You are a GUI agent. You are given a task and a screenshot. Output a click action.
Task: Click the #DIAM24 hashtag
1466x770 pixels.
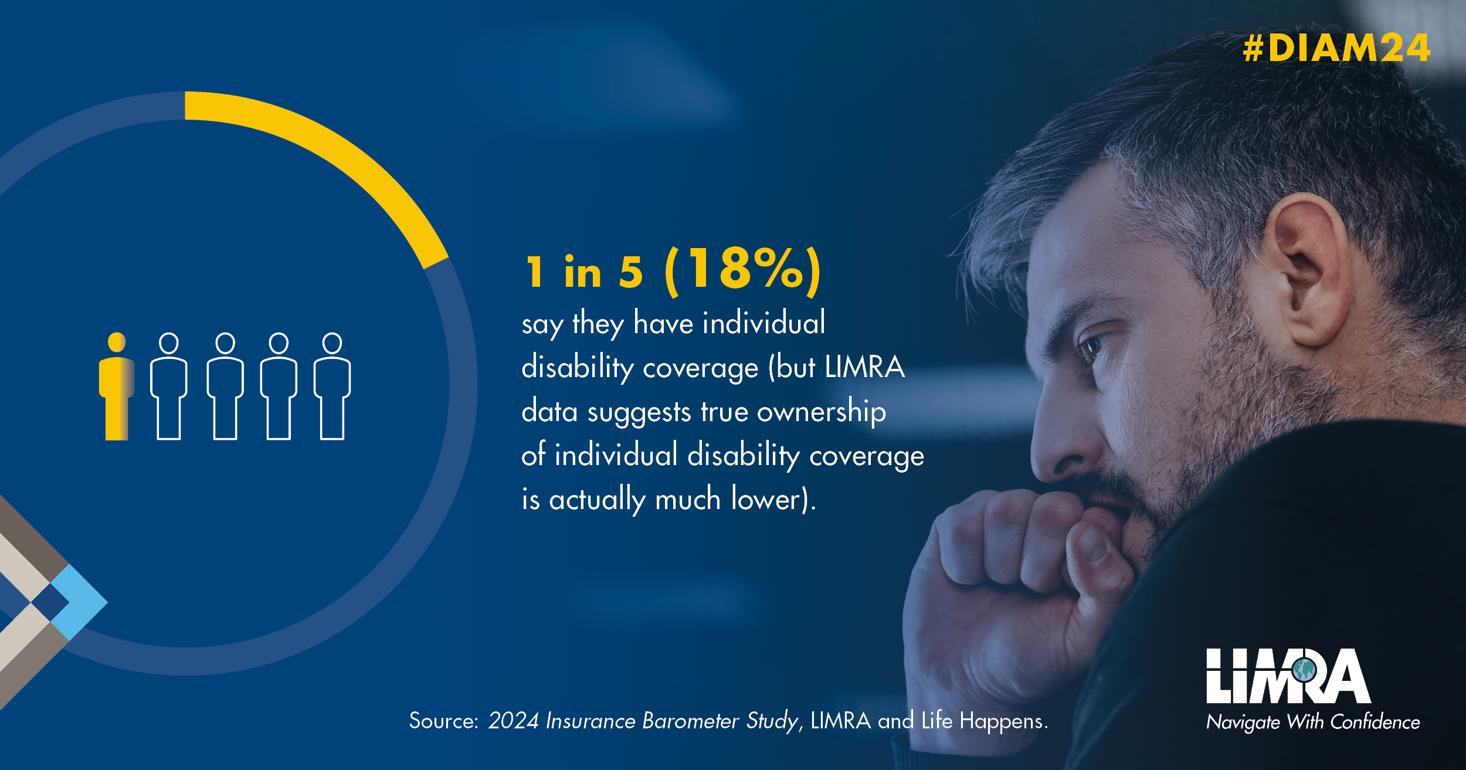coord(1336,48)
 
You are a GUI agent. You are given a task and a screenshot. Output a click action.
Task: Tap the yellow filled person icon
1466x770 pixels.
coord(117,386)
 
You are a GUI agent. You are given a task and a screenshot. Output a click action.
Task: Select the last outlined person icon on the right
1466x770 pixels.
coord(332,386)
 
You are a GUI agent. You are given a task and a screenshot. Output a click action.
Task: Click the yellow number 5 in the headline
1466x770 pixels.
coord(631,272)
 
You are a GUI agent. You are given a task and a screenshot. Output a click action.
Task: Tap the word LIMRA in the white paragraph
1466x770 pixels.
coord(864,367)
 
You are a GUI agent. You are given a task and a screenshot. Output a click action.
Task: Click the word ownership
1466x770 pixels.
coord(821,412)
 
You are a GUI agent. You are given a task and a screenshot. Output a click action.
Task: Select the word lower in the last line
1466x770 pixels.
coord(766,499)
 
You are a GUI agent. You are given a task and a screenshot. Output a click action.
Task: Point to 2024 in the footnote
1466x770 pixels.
coord(514,721)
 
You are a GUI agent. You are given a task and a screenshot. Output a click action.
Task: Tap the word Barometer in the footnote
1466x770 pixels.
coord(691,721)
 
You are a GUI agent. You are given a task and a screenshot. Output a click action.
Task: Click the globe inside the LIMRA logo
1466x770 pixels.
coord(1304,669)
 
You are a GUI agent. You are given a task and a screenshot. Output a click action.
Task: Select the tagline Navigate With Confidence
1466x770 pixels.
coord(1313,722)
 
